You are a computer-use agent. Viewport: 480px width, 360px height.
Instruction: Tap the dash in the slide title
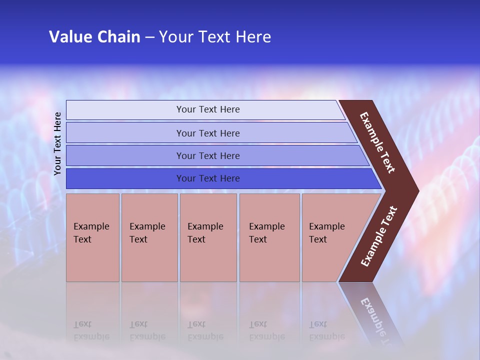149,37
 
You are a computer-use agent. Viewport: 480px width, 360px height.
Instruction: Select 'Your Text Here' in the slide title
215,37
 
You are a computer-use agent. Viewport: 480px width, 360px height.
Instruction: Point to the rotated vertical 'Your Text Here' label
58,143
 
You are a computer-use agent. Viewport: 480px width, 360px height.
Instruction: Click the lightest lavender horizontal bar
207,109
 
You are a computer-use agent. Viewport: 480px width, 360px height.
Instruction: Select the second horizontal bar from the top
207,133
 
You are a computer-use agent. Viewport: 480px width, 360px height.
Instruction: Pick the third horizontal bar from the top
207,155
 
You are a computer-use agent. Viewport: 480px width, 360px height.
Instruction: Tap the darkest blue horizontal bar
207,178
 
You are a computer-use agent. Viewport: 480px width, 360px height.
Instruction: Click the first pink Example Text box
92,237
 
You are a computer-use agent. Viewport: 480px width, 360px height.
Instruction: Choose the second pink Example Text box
149,237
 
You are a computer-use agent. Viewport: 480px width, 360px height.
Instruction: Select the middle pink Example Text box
208,237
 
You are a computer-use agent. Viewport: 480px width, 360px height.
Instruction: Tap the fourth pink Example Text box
269,237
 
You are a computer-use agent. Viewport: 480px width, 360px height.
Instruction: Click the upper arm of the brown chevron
378,142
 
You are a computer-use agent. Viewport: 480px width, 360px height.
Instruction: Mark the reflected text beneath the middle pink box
205,330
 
